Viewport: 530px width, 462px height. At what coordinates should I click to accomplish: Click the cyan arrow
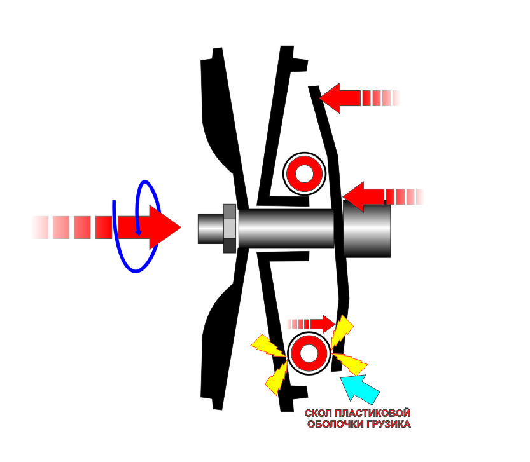pyautogui.click(x=361, y=390)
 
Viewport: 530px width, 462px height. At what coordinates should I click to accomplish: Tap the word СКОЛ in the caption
pyautogui.click(x=318, y=413)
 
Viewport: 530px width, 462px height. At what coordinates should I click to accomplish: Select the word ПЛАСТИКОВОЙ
pyautogui.click(x=372, y=413)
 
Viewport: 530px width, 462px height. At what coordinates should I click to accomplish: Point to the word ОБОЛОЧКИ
pyautogui.click(x=337, y=424)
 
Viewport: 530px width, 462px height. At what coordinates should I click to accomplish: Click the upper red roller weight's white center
pyautogui.click(x=304, y=173)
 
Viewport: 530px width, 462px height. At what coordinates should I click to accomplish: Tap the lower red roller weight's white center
pyautogui.click(x=309, y=353)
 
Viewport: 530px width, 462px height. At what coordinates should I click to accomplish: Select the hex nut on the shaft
pyautogui.click(x=230, y=228)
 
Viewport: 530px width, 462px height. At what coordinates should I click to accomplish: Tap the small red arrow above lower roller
pyautogui.click(x=311, y=324)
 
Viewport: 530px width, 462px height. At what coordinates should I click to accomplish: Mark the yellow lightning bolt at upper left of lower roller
pyautogui.click(x=268, y=346)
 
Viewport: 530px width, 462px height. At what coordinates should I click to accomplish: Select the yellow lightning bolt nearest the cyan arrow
pyautogui.click(x=351, y=363)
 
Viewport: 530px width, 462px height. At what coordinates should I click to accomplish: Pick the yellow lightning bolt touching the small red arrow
pyautogui.click(x=342, y=332)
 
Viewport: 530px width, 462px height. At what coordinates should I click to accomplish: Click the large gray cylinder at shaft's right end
pyautogui.click(x=367, y=229)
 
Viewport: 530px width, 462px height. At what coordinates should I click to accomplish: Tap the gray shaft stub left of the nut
pyautogui.click(x=210, y=229)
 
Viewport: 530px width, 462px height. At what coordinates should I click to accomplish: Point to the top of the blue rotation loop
pyautogui.click(x=145, y=182)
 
